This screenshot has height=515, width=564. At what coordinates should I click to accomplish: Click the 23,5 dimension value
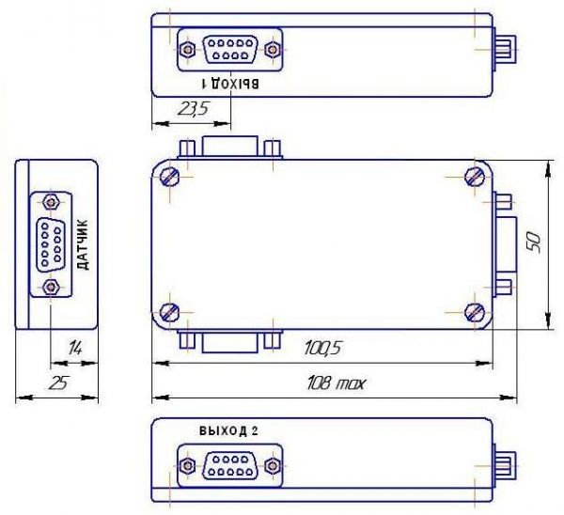193,109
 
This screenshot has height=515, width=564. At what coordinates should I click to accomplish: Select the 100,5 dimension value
322,349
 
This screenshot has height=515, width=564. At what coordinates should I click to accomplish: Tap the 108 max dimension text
336,383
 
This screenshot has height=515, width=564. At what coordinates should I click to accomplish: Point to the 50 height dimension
534,242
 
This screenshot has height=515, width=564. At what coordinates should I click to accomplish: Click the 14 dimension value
75,348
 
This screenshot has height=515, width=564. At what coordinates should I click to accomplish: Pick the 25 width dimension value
58,383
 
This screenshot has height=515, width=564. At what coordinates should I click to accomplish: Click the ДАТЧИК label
83,245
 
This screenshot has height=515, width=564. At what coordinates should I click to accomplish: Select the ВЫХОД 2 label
228,430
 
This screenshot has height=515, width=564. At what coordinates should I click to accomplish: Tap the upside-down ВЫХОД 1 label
230,83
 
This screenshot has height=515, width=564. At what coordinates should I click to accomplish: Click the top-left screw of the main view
170,177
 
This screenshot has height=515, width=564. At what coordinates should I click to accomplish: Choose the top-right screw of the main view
475,177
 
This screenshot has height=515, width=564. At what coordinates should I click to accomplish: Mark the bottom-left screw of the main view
169,312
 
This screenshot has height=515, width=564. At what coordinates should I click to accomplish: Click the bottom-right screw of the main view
475,312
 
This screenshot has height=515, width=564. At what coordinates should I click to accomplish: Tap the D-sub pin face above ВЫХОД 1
230,49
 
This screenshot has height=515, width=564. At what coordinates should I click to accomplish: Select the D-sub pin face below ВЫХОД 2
230,466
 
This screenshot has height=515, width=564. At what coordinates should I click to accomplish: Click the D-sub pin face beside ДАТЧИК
51,244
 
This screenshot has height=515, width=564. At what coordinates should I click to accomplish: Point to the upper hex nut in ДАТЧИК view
51,202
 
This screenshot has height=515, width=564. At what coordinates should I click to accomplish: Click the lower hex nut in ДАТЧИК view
51,287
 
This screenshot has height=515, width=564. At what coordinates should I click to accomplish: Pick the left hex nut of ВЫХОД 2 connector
187,466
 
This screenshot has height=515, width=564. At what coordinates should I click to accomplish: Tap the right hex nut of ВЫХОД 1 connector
273,49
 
